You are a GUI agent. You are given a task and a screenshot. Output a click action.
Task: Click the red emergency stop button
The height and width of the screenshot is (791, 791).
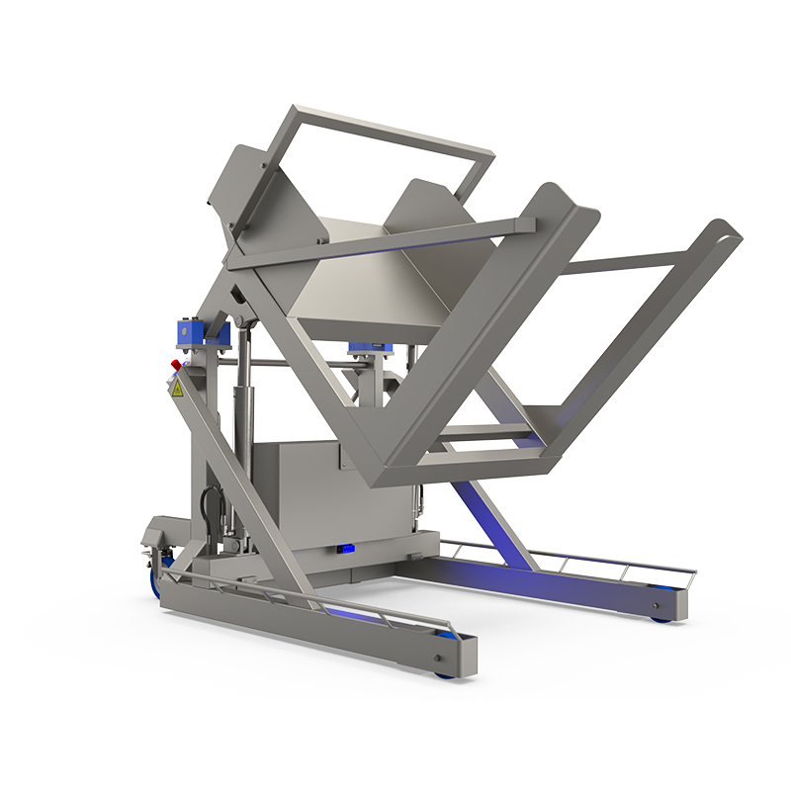click(177, 366)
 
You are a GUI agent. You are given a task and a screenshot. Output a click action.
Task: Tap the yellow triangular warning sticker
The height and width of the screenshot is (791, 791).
click(178, 390)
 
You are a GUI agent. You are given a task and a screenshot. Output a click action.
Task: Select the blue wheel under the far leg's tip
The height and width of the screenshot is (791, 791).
click(659, 618)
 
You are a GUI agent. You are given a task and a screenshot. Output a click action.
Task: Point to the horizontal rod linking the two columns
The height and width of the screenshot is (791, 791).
click(297, 363)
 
